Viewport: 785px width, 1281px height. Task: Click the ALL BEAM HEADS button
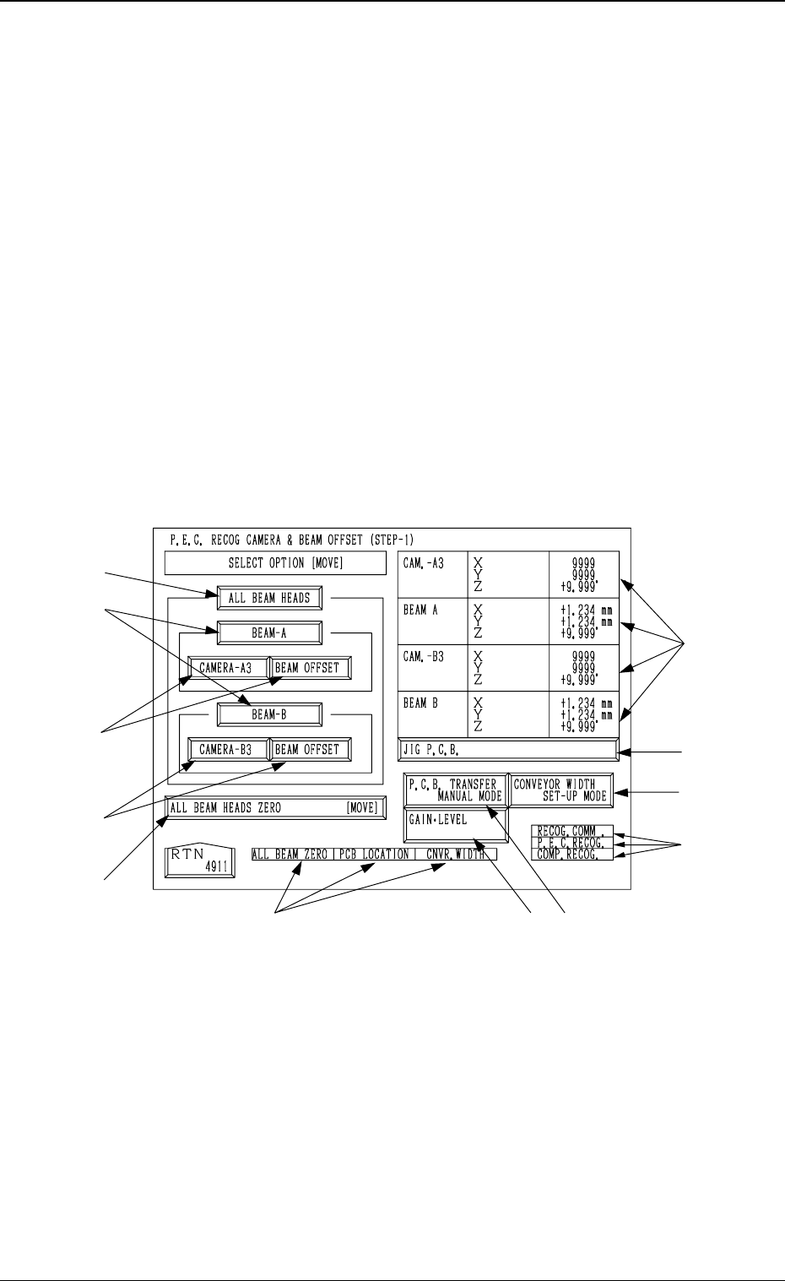point(269,599)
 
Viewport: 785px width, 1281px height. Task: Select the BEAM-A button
point(269,632)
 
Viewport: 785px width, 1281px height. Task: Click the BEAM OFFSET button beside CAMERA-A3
point(308,668)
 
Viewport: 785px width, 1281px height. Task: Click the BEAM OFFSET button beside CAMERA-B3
point(308,749)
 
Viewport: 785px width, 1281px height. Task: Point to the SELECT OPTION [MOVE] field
point(274,563)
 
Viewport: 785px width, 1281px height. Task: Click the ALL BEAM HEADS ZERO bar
point(274,808)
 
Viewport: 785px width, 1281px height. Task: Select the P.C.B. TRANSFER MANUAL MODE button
point(456,790)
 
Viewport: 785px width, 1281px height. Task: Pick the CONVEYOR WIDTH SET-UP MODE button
point(560,790)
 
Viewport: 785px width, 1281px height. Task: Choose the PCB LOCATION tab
point(372,855)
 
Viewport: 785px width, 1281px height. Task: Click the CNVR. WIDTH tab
point(456,855)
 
